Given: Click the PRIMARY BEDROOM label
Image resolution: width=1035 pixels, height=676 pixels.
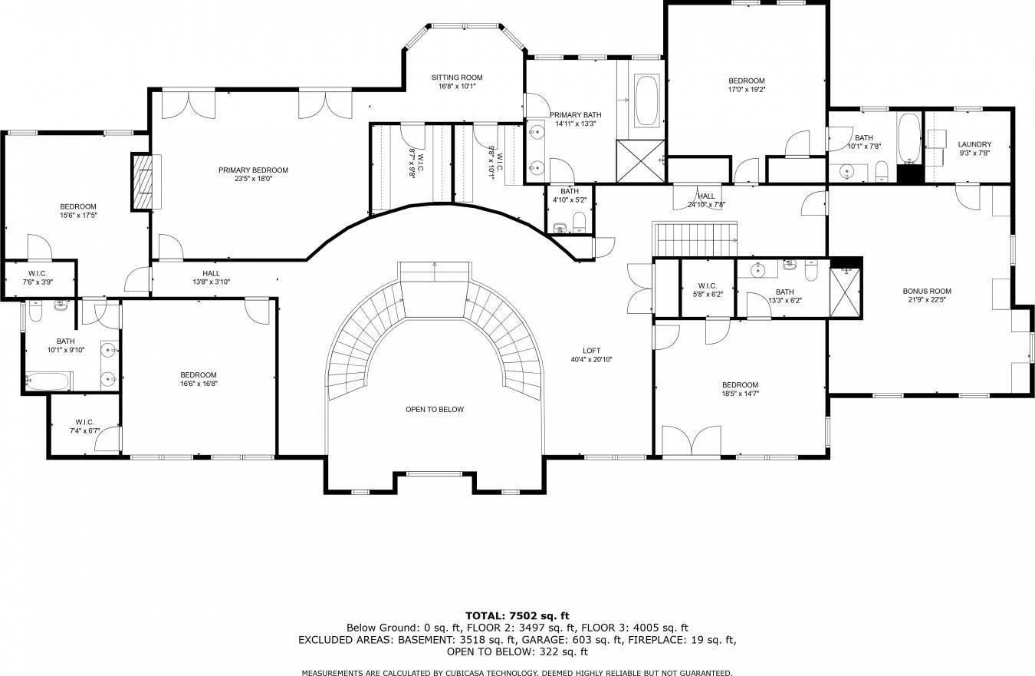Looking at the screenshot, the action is tap(253, 170).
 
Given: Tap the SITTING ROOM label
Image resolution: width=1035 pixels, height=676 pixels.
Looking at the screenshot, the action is tap(457, 77).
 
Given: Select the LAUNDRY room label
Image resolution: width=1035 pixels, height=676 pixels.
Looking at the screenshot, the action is tap(974, 144).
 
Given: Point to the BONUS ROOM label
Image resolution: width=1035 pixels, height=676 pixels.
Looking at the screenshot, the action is tap(927, 292).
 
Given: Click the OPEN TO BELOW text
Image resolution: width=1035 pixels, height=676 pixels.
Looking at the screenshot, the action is tap(435, 410).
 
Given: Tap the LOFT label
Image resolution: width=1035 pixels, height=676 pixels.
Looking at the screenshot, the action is tap(591, 351).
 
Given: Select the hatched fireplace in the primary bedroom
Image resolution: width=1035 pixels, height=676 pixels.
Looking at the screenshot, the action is tap(143, 182).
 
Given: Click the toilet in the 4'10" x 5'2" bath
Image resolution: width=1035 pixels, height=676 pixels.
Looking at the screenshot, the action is tap(579, 223).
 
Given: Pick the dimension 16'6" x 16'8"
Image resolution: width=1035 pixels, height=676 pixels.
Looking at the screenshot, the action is tap(199, 384).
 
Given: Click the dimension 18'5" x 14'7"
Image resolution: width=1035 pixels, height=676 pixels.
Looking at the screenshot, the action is tap(740, 394).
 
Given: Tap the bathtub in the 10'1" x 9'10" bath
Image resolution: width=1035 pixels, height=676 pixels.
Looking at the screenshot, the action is tap(48, 381).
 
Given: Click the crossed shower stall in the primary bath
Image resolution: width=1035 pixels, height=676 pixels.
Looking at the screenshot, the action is tap(640, 161).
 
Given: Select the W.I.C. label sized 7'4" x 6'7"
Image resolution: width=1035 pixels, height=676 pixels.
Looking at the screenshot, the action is tap(84, 422).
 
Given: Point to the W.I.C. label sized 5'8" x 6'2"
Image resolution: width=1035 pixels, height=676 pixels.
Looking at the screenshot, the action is tap(708, 285).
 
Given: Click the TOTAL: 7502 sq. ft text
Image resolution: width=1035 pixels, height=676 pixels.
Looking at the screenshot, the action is tap(517, 616).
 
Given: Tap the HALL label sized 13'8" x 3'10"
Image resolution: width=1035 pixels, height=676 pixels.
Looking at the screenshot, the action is tap(211, 273).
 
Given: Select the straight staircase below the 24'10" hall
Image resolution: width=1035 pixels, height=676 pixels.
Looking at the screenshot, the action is tap(694, 240).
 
